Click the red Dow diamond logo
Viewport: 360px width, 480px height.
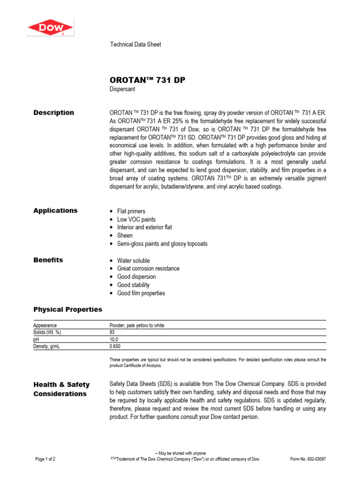(50, 28)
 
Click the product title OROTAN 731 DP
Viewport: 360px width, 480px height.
(147, 80)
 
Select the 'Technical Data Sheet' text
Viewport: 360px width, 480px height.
(135, 45)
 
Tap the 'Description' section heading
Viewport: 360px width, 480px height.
(53, 112)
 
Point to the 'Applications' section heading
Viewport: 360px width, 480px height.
(55, 210)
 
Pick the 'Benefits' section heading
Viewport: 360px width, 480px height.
(48, 260)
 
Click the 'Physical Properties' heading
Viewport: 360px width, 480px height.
(67, 309)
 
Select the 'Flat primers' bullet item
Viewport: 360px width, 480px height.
(131, 211)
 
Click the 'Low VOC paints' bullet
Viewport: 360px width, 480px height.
(136, 219)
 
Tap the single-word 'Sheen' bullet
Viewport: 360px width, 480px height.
(125, 235)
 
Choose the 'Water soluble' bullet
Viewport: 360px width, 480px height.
(133, 261)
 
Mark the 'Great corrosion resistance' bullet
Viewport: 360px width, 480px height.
(148, 269)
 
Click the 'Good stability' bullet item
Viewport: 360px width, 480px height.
(133, 285)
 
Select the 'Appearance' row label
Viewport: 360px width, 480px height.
(45, 325)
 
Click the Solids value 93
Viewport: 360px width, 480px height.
(112, 332)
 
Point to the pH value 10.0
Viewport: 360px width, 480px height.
(114, 339)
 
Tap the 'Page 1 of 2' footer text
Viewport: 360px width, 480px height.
(45, 459)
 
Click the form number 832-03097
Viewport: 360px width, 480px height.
(308, 459)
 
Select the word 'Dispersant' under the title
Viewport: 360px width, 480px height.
(122, 89)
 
